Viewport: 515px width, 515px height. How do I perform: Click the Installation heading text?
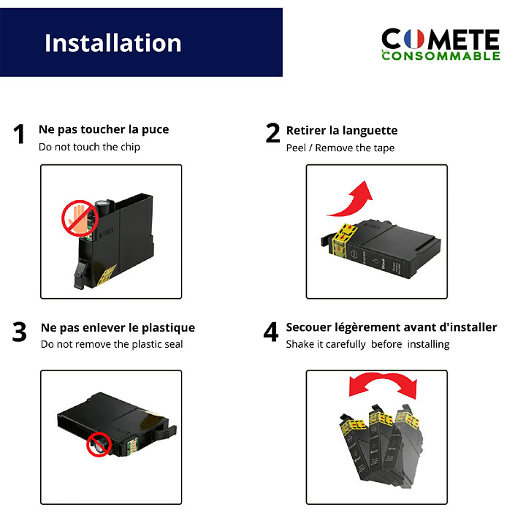[112, 42]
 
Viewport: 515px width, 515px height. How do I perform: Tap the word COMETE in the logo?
[440, 39]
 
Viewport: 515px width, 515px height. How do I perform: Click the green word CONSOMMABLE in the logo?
[440, 56]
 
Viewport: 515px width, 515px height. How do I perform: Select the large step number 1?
[20, 135]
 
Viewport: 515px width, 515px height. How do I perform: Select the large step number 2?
[272, 134]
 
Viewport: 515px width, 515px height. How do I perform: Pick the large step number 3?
[20, 332]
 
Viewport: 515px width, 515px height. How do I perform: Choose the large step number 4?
[271, 332]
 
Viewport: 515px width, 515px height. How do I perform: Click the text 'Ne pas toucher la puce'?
[103, 129]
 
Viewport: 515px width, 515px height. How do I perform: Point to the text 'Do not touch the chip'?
[89, 147]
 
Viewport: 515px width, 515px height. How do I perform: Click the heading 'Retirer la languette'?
[342, 130]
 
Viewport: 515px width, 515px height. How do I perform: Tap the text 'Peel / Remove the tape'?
[340, 148]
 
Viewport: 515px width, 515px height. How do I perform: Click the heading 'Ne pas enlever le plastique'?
[118, 327]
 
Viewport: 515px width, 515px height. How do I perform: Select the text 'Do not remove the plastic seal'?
[112, 344]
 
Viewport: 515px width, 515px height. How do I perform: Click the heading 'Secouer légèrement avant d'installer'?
[392, 327]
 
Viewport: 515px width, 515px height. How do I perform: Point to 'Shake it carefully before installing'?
[367, 344]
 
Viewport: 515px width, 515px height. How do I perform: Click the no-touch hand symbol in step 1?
[79, 218]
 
